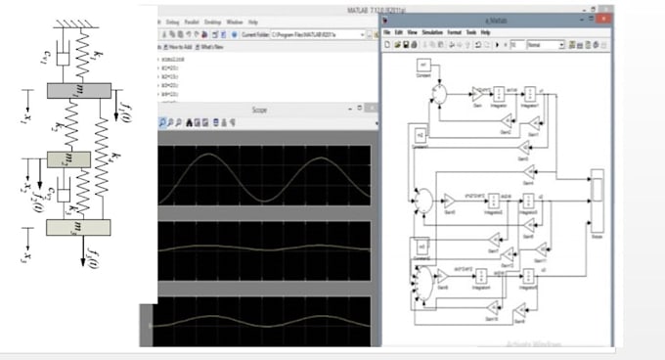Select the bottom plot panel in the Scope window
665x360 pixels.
(x=264, y=316)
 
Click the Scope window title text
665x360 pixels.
(x=258, y=111)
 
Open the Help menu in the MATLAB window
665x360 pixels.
(x=253, y=21)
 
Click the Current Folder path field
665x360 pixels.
(x=323, y=33)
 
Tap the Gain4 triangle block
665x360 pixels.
(x=529, y=175)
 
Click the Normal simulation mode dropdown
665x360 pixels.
(x=546, y=45)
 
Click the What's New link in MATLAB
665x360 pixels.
(x=214, y=47)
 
